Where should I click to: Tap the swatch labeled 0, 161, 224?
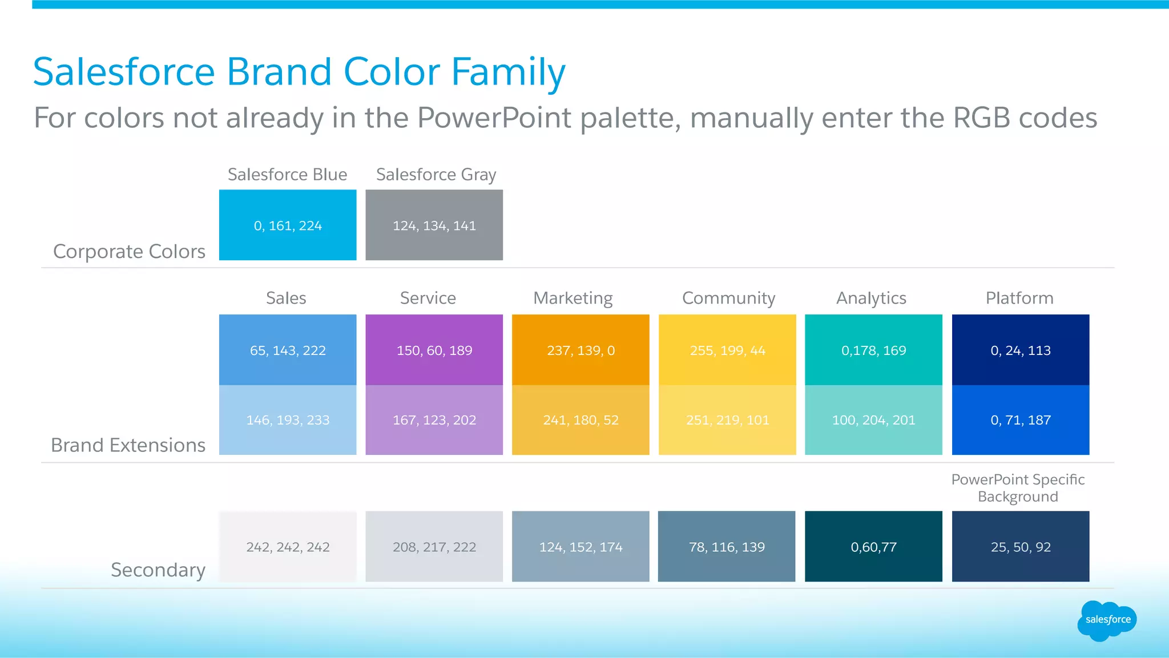click(288, 225)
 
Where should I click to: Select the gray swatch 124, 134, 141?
click(434, 225)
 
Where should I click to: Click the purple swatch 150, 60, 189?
click(434, 350)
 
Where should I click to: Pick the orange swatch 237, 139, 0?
click(581, 350)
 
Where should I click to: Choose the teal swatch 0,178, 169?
click(873, 350)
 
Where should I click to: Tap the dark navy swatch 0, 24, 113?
click(1020, 350)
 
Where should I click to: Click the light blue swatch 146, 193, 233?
click(288, 420)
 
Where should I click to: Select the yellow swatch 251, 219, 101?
click(727, 420)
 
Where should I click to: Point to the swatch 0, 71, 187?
click(1020, 420)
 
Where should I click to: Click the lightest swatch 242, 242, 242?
click(288, 547)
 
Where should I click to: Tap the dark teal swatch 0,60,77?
click(873, 547)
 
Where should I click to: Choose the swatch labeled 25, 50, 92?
click(1020, 547)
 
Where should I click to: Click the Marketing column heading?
click(573, 298)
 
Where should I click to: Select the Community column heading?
click(728, 298)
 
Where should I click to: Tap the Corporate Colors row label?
click(129, 252)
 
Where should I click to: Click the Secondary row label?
click(158, 570)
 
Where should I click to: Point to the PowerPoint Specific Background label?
click(1018, 488)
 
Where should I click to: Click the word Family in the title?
click(508, 72)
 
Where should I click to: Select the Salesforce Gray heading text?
click(436, 175)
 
